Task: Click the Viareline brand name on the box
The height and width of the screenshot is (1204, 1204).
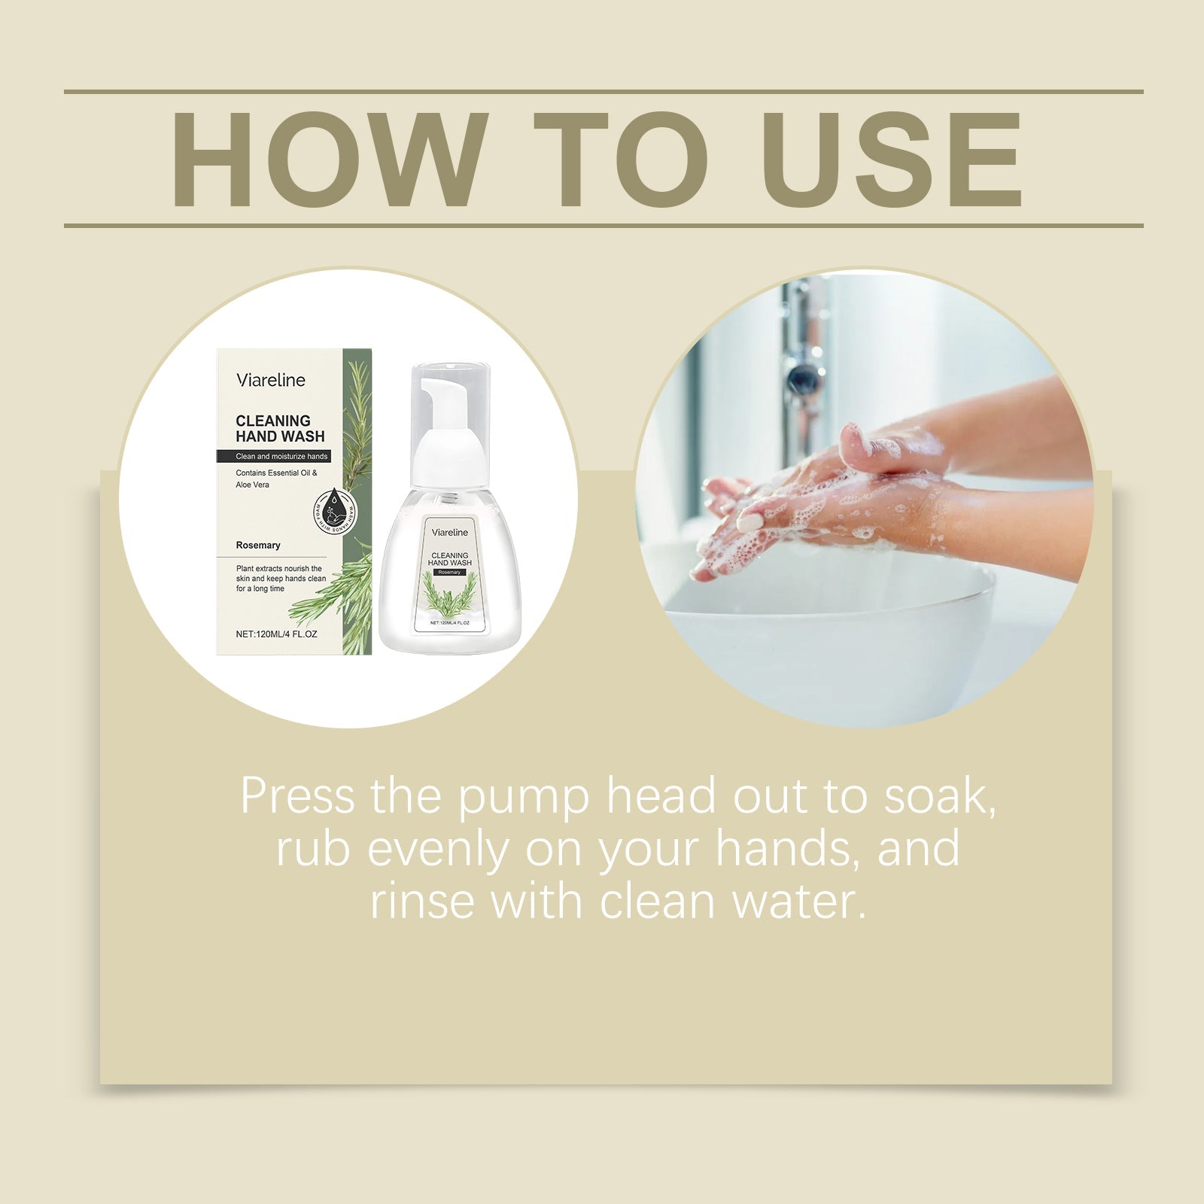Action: pos(271,380)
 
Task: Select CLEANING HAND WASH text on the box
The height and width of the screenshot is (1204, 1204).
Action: pos(280,428)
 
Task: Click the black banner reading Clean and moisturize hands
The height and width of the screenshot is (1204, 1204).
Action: pos(281,457)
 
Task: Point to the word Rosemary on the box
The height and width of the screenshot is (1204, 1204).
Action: pos(258,545)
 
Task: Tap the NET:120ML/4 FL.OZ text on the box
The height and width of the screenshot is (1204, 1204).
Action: pos(276,634)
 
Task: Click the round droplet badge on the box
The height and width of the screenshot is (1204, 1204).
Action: pos(338,509)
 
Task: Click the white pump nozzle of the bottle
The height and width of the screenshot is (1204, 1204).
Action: pos(435,392)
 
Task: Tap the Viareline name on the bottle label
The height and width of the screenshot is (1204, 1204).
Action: pos(450,532)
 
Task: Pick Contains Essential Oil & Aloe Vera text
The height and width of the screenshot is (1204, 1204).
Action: pos(276,479)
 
